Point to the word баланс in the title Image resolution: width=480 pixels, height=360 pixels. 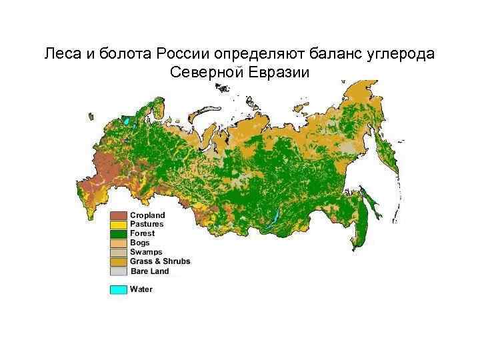336,53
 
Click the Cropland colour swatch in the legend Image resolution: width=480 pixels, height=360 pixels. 118,215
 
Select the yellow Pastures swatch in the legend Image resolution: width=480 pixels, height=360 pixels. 118,225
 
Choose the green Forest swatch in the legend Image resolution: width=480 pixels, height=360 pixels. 118,234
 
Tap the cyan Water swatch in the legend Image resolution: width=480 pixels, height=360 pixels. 118,289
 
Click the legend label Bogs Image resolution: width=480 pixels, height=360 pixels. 140,243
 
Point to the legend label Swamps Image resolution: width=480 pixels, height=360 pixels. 145,253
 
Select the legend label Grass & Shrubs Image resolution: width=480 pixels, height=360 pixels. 160,262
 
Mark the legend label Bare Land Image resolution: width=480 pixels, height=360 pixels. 149,271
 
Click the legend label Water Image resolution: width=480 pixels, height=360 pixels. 141,289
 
